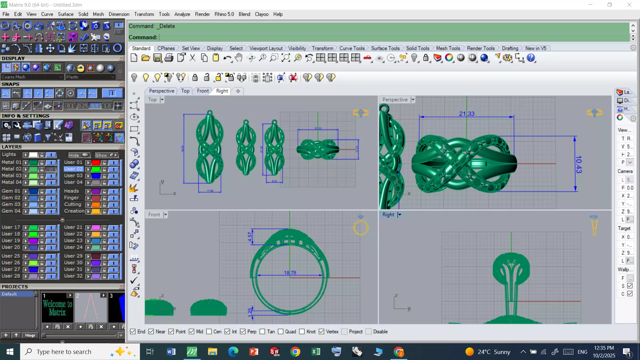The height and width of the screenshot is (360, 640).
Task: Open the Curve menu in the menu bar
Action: (x=47, y=14)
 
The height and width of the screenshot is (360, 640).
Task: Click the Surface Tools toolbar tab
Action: (x=385, y=48)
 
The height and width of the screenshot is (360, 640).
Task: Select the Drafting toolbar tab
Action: (x=510, y=48)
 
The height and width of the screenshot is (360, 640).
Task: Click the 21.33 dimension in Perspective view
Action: (x=466, y=114)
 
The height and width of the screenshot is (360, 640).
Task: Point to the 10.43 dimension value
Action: (x=579, y=164)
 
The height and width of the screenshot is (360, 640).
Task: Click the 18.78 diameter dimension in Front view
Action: (x=290, y=273)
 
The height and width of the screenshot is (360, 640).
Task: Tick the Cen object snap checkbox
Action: (x=209, y=332)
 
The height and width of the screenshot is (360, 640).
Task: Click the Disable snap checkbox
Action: (x=369, y=332)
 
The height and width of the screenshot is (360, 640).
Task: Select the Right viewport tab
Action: (x=222, y=91)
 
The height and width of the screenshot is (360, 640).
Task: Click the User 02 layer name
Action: (x=73, y=169)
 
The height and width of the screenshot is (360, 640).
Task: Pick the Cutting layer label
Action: (x=73, y=204)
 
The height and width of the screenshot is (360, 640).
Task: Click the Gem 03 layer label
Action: (x=11, y=204)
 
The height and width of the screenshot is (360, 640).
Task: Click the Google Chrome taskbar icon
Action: (x=295, y=352)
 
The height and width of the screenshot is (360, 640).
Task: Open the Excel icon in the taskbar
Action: (x=316, y=352)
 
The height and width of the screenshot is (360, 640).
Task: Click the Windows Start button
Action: (x=10, y=352)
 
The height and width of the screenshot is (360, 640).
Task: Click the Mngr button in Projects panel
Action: (x=30, y=335)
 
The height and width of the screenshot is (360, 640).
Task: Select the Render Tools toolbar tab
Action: (x=480, y=48)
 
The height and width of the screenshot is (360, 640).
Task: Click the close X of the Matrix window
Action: (x=629, y=5)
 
